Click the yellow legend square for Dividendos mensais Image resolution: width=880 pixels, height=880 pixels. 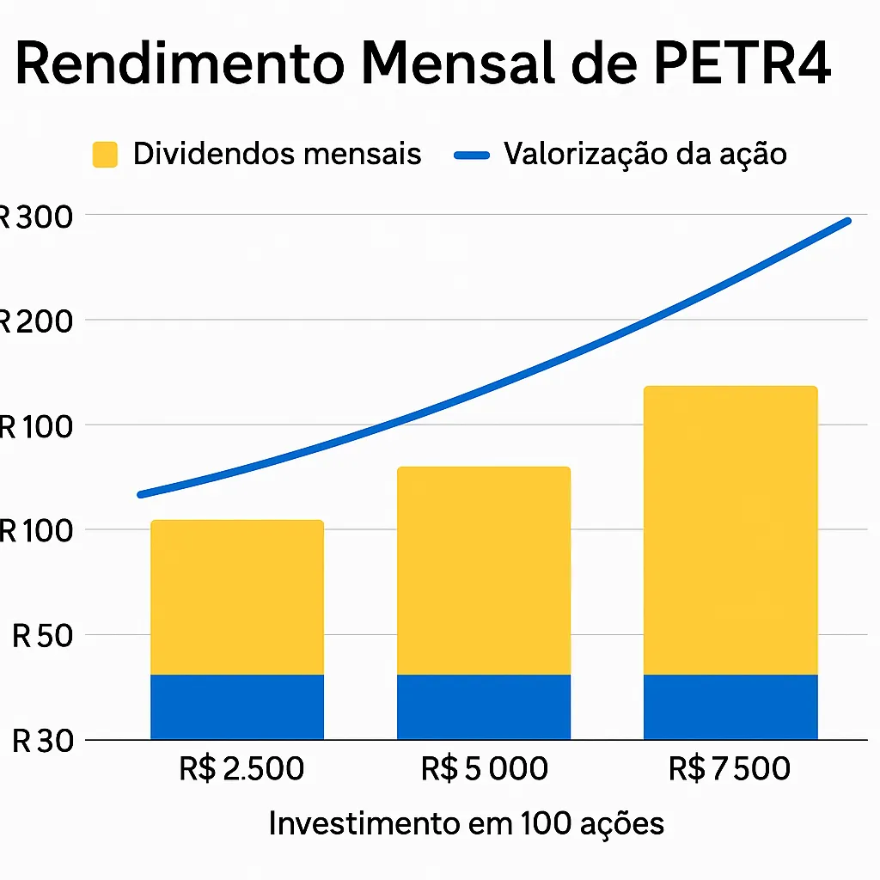pos(104,155)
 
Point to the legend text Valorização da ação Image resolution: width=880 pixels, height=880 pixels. pos(645,154)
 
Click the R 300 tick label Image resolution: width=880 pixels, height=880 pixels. pos(36,217)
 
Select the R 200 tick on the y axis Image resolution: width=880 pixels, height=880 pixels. pos(36,321)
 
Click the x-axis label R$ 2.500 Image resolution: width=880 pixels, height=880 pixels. pos(241,768)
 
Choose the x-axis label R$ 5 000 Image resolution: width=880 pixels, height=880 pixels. pos(485,768)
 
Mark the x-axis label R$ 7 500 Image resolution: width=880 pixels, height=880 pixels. pos(729,768)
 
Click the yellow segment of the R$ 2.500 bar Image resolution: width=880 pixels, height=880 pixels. pos(237,597)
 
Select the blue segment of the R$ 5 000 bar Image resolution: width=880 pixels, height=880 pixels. pos(484,706)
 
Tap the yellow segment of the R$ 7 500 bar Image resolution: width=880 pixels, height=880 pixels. pos(730,530)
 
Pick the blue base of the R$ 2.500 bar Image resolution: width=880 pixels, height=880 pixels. pos(237,706)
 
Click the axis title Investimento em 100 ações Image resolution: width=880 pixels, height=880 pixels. pos(466,823)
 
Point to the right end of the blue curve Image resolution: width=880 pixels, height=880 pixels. pos(847,222)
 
